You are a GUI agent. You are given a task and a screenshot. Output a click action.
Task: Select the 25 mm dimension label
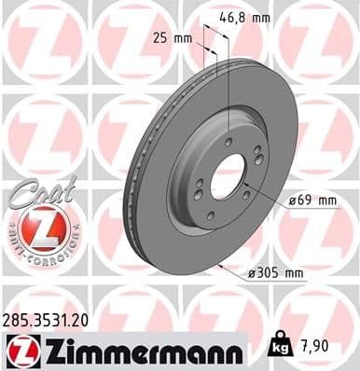173,38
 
